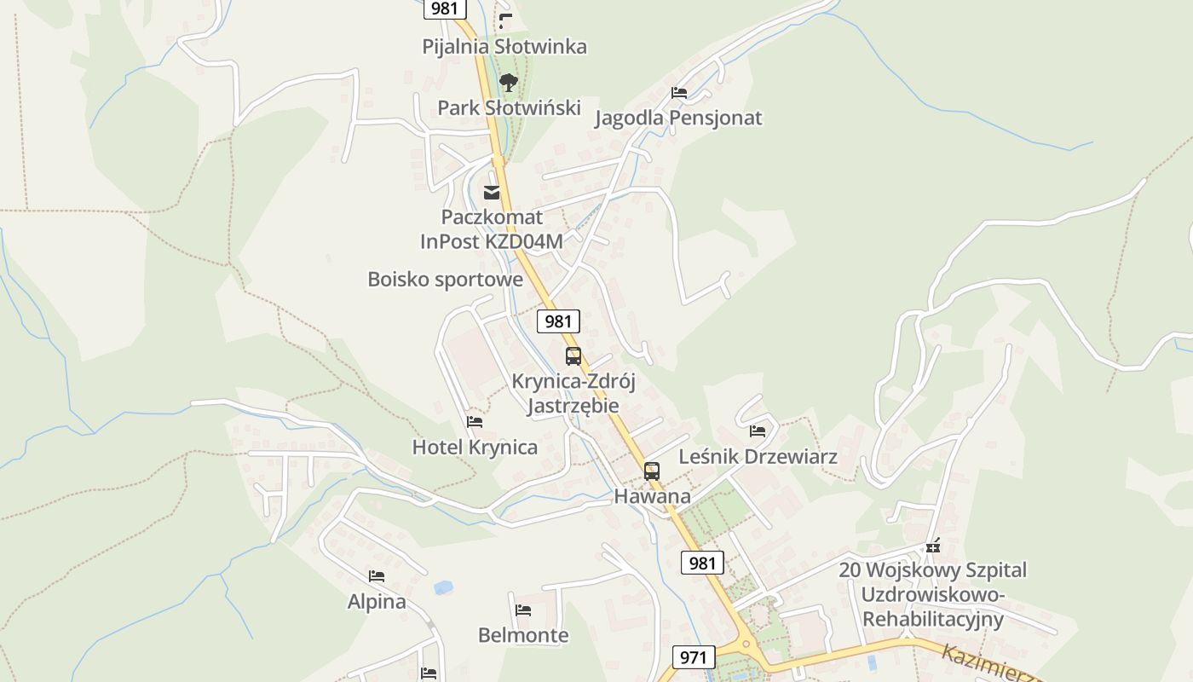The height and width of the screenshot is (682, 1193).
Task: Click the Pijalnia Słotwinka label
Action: point(504,46)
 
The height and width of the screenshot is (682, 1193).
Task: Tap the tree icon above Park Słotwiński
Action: point(509,83)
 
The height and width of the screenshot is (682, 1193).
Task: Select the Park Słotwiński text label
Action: point(509,107)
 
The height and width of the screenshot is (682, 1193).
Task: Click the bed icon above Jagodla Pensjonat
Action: point(679,93)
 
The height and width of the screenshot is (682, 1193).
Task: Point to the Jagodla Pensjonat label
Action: point(678,118)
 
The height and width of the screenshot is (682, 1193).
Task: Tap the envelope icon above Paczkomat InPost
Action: point(492,193)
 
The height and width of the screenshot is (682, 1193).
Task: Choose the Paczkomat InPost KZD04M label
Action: point(492,229)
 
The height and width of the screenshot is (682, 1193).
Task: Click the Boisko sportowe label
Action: point(445,279)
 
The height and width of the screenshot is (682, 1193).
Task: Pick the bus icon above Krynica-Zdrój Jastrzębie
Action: point(573,356)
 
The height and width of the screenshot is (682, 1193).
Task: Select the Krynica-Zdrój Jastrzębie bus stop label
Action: point(573,393)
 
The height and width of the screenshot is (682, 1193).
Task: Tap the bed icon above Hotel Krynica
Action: point(475,422)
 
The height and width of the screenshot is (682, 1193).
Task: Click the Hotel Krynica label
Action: point(475,447)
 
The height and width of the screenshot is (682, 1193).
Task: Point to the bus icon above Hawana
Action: point(652,471)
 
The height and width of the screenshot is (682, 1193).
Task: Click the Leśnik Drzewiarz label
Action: point(758,456)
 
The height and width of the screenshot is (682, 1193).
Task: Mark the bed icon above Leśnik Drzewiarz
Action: point(758,431)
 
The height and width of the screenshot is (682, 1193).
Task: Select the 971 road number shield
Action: point(694,657)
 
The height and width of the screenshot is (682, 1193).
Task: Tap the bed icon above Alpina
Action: point(377,577)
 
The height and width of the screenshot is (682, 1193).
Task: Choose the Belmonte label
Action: point(523,635)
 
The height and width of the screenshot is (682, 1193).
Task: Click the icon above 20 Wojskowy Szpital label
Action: point(933,546)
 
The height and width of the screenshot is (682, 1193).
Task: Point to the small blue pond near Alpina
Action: point(443,587)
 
